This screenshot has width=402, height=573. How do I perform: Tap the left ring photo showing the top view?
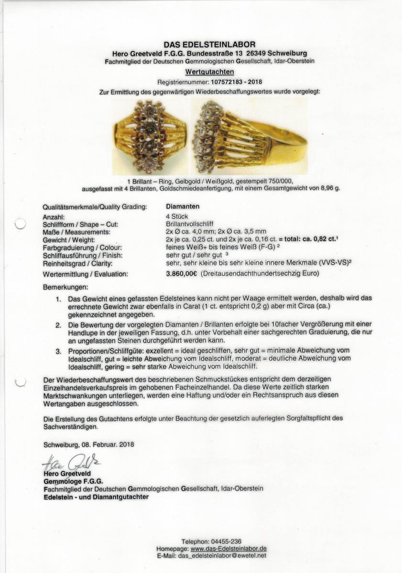[150, 137]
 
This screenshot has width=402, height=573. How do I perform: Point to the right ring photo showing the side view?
[249, 137]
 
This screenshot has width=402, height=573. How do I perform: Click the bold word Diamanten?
[183, 207]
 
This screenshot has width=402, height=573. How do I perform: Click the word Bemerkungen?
[65, 288]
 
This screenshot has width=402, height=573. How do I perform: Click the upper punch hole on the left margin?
[20, 224]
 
